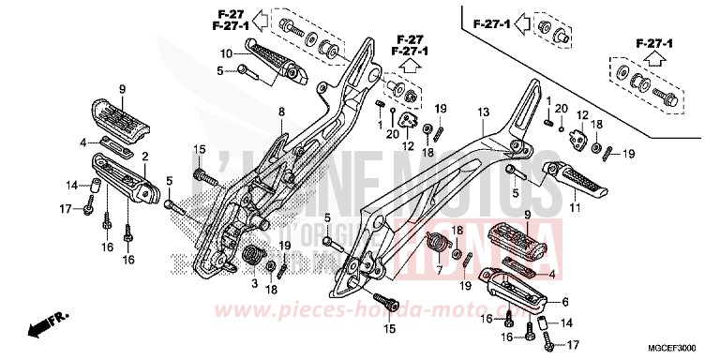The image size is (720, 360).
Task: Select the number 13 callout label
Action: coord(483,112)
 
